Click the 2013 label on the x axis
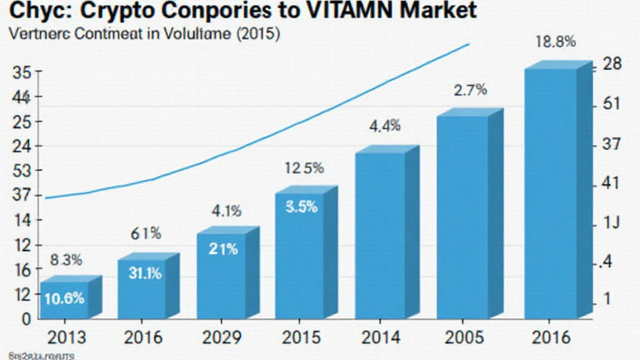click(x=67, y=338)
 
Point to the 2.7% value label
click(x=469, y=89)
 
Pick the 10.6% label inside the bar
click(x=64, y=298)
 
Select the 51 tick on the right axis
click(x=609, y=104)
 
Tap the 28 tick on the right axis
click(x=609, y=65)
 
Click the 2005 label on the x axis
click(x=463, y=338)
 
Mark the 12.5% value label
click(x=304, y=168)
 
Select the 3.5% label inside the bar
click(x=301, y=207)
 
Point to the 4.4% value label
click(x=384, y=126)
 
